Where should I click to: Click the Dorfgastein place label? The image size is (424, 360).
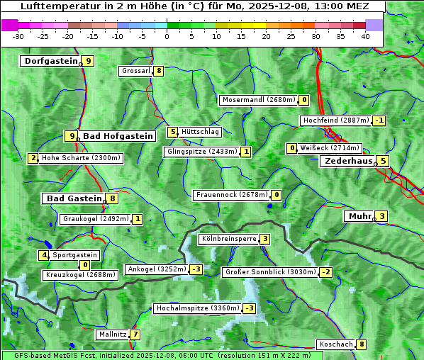point(50,61)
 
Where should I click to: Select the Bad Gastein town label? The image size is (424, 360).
point(74,198)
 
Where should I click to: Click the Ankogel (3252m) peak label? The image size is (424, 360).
point(156,269)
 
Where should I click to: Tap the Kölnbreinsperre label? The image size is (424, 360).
point(228,239)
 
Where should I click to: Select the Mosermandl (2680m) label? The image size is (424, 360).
point(258,100)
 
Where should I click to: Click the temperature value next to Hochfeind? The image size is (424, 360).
point(379,120)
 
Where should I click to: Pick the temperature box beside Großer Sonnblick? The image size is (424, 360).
point(326,272)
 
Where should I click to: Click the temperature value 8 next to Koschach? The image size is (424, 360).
point(362,344)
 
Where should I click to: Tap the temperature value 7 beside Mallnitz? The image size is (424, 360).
point(135,334)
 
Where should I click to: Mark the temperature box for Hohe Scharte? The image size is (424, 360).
point(33,158)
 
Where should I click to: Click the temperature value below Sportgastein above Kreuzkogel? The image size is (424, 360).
point(85,265)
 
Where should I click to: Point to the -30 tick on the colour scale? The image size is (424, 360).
point(18,36)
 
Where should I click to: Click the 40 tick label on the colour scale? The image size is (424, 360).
point(365,36)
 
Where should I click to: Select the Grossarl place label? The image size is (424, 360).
point(135,71)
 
